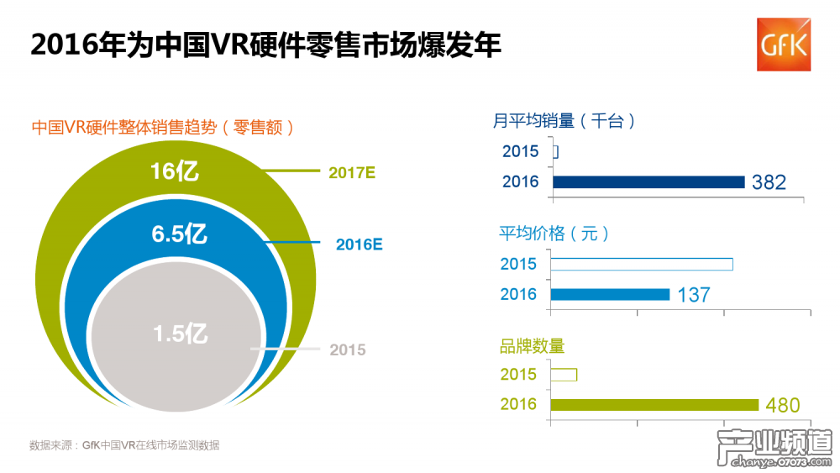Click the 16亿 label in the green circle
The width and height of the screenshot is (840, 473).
click(x=175, y=171)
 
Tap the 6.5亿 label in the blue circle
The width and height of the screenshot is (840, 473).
click(x=179, y=234)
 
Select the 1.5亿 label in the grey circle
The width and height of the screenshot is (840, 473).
click(x=180, y=334)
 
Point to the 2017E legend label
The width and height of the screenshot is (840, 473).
click(x=351, y=173)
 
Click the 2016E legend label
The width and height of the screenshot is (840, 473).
click(x=359, y=244)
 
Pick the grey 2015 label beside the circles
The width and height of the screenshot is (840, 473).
click(x=348, y=349)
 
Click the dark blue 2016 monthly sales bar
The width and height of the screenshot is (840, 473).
click(x=648, y=181)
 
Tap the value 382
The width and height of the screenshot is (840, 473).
click(x=769, y=182)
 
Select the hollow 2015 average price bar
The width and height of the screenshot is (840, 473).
click(x=642, y=264)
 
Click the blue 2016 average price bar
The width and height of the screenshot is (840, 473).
click(x=610, y=294)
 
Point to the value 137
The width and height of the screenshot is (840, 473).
click(x=694, y=295)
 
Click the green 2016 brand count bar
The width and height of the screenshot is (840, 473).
click(x=654, y=405)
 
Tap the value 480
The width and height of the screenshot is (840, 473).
click(x=783, y=406)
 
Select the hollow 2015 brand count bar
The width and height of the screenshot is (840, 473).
click(x=564, y=375)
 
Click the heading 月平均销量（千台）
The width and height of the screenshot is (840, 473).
click(x=564, y=121)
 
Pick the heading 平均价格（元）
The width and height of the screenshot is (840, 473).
click(x=554, y=233)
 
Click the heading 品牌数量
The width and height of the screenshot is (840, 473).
click(x=533, y=346)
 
